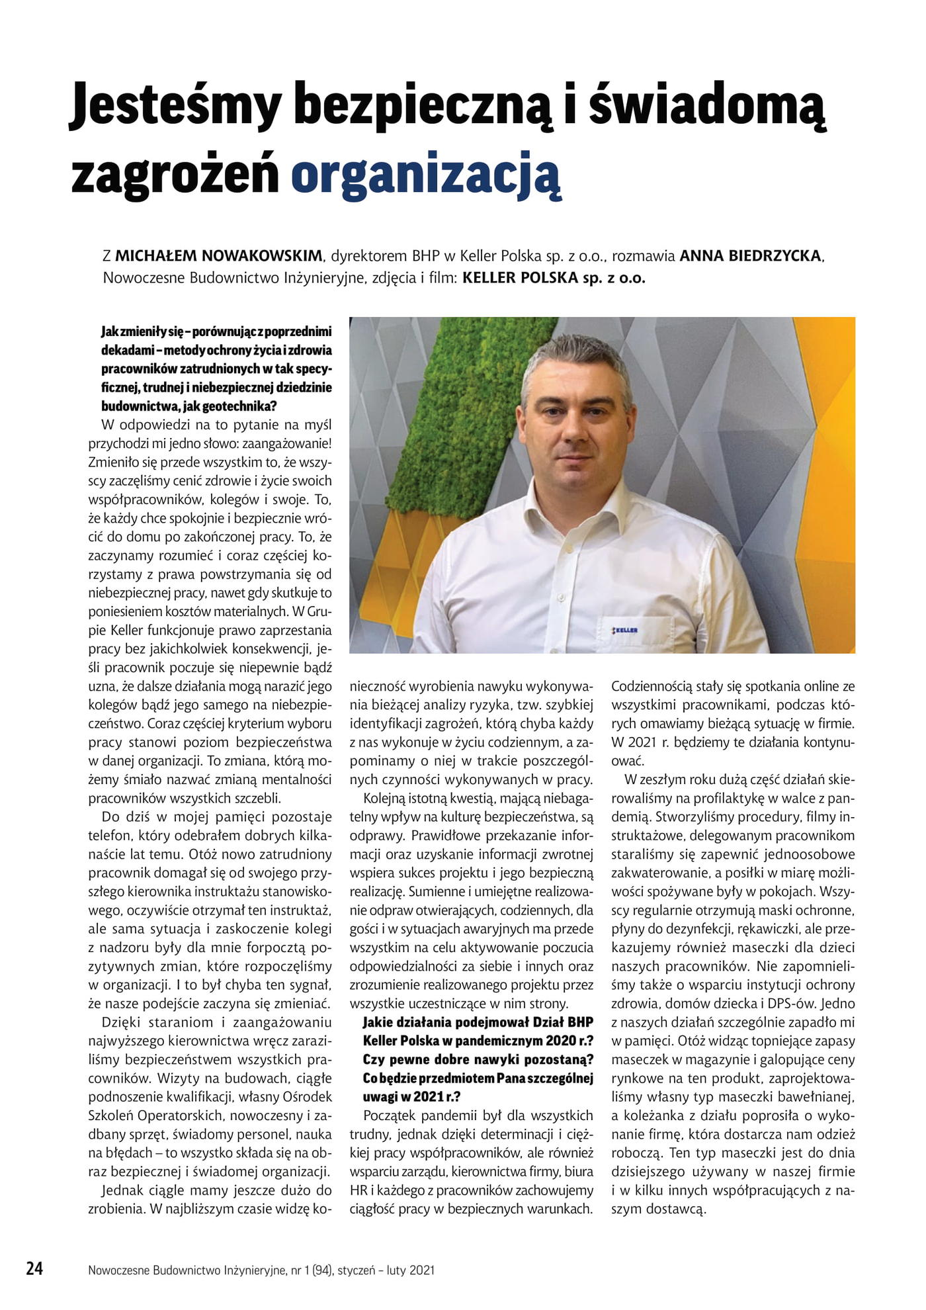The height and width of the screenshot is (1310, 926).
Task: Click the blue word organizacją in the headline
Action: pos(426,173)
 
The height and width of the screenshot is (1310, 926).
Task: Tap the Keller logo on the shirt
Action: pos(625,631)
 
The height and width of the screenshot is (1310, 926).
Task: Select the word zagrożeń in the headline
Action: pos(175,173)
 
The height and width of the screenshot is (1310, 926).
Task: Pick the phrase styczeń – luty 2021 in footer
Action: pos(386,1270)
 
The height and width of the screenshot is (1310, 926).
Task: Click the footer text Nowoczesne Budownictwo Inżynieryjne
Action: pos(191,1270)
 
